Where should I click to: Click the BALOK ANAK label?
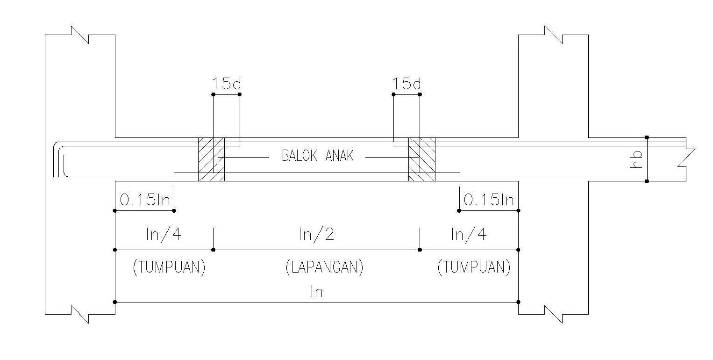point(317,156)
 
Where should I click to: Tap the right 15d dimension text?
point(406,84)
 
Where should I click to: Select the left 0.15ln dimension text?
point(145,200)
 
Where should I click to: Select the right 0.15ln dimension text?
point(489,200)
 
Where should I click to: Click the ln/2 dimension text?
point(316,234)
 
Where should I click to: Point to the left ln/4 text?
point(164,234)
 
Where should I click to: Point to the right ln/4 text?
point(469,234)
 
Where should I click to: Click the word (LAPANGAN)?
point(324,267)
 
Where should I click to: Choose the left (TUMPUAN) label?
point(169,267)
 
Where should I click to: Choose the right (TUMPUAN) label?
point(474,267)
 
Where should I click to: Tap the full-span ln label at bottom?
point(316,292)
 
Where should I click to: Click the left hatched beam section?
point(211,159)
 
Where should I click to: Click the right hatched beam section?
point(422,159)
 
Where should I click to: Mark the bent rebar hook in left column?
point(59,159)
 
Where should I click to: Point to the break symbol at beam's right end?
point(689,158)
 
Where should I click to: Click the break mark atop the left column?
point(80,35)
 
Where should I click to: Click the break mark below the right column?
point(554,314)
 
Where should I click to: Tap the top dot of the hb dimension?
point(647,137)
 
